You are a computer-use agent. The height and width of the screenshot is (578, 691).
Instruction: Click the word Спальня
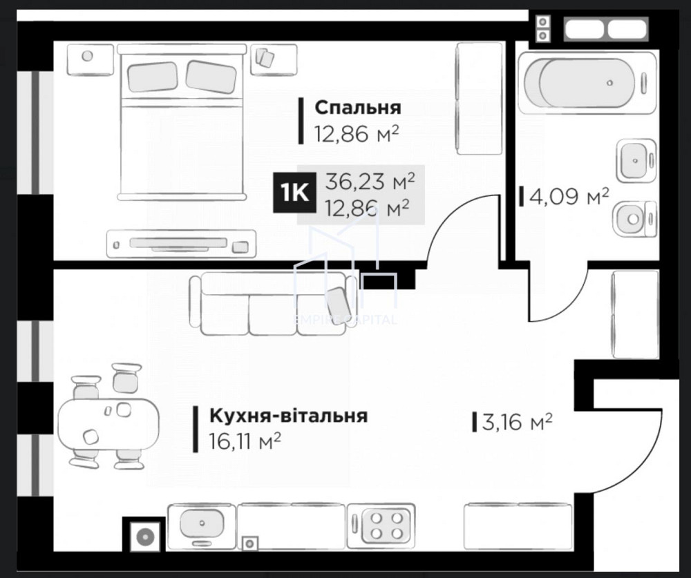(357, 108)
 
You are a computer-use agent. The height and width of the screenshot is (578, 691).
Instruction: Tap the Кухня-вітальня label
(288, 416)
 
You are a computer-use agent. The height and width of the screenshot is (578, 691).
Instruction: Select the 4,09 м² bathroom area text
(569, 198)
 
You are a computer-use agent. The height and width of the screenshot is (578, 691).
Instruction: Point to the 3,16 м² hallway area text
(517, 421)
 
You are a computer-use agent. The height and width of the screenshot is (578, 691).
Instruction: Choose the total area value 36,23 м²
(370, 182)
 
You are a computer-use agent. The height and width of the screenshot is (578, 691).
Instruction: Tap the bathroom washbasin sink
(635, 160)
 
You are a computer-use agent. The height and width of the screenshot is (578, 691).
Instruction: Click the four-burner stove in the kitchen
(382, 524)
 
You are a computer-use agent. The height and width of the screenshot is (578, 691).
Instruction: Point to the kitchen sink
(202, 524)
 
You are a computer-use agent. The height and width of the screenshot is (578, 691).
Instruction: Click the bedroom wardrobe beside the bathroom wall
(479, 99)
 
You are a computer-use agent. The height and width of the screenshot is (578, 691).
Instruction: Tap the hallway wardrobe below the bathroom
(630, 315)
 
